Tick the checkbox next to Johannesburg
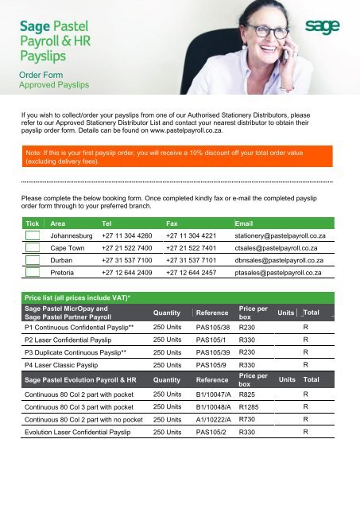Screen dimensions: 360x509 [x=32, y=237]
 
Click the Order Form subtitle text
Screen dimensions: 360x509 [x=43, y=73]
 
